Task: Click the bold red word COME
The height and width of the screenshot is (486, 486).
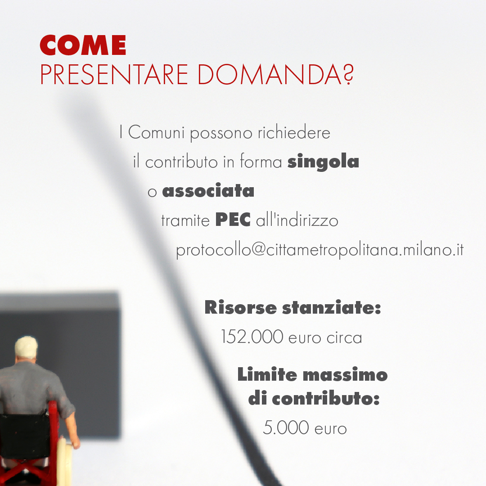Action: [83, 45]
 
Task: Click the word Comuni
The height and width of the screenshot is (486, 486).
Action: [156, 133]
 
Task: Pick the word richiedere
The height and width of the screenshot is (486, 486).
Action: [294, 133]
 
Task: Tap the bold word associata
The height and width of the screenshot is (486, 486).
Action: [208, 190]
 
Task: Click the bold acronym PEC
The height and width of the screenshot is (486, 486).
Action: [233, 220]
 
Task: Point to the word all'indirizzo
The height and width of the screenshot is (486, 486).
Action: [297, 220]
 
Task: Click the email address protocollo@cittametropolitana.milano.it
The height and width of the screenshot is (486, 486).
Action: [320, 250]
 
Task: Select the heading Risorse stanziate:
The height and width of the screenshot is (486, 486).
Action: [292, 307]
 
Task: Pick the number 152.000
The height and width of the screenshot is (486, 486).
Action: [252, 337]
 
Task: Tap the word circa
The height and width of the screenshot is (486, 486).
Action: [344, 338]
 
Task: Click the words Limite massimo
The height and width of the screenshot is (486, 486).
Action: [312, 374]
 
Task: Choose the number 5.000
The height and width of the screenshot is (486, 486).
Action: [286, 427]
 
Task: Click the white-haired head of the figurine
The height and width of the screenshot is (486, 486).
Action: [26, 348]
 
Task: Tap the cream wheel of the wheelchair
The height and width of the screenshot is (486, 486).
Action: [65, 462]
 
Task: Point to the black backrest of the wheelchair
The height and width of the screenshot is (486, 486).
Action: [24, 436]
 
